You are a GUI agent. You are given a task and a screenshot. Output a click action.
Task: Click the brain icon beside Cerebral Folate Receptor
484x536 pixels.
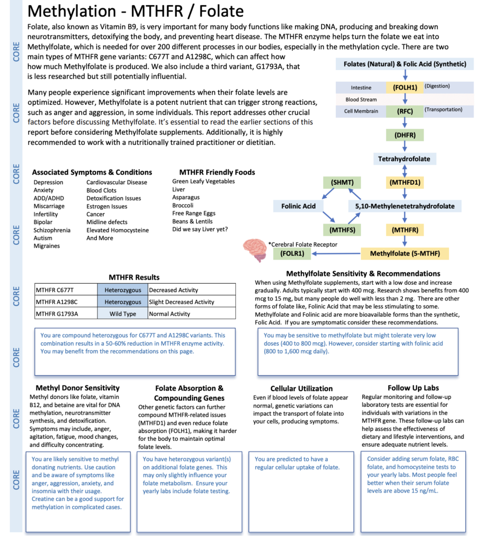tap(256, 250)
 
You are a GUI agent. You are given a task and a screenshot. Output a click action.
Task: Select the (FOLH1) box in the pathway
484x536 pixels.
tap(404, 87)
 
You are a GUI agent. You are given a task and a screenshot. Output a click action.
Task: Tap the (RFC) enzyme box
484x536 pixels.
tap(404, 110)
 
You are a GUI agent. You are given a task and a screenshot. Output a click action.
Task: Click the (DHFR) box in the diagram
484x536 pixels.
tap(404, 135)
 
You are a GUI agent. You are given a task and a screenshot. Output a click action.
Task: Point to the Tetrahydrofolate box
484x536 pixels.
tap(404, 158)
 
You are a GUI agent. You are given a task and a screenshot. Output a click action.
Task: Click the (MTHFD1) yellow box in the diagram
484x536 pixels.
tap(404, 182)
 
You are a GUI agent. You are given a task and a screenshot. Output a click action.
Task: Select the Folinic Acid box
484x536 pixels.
tap(298, 206)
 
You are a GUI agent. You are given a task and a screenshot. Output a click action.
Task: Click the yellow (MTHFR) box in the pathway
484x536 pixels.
tap(404, 229)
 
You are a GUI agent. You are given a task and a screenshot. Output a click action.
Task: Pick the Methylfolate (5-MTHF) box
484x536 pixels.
tap(404, 254)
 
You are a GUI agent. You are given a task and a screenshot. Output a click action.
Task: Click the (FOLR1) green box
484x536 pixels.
tap(291, 254)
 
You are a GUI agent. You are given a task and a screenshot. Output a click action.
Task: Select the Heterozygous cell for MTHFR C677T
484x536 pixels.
tap(122, 290)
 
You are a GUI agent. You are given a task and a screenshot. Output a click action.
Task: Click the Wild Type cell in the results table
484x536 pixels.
tap(122, 314)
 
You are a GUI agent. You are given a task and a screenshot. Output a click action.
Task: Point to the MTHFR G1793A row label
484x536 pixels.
tap(57, 314)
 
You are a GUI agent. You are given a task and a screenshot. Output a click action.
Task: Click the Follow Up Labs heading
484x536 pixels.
tap(413, 388)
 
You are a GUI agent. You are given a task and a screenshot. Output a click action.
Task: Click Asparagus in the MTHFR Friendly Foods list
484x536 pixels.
tap(186, 197)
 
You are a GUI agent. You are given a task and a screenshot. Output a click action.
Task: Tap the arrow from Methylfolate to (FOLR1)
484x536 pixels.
tap(335, 254)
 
